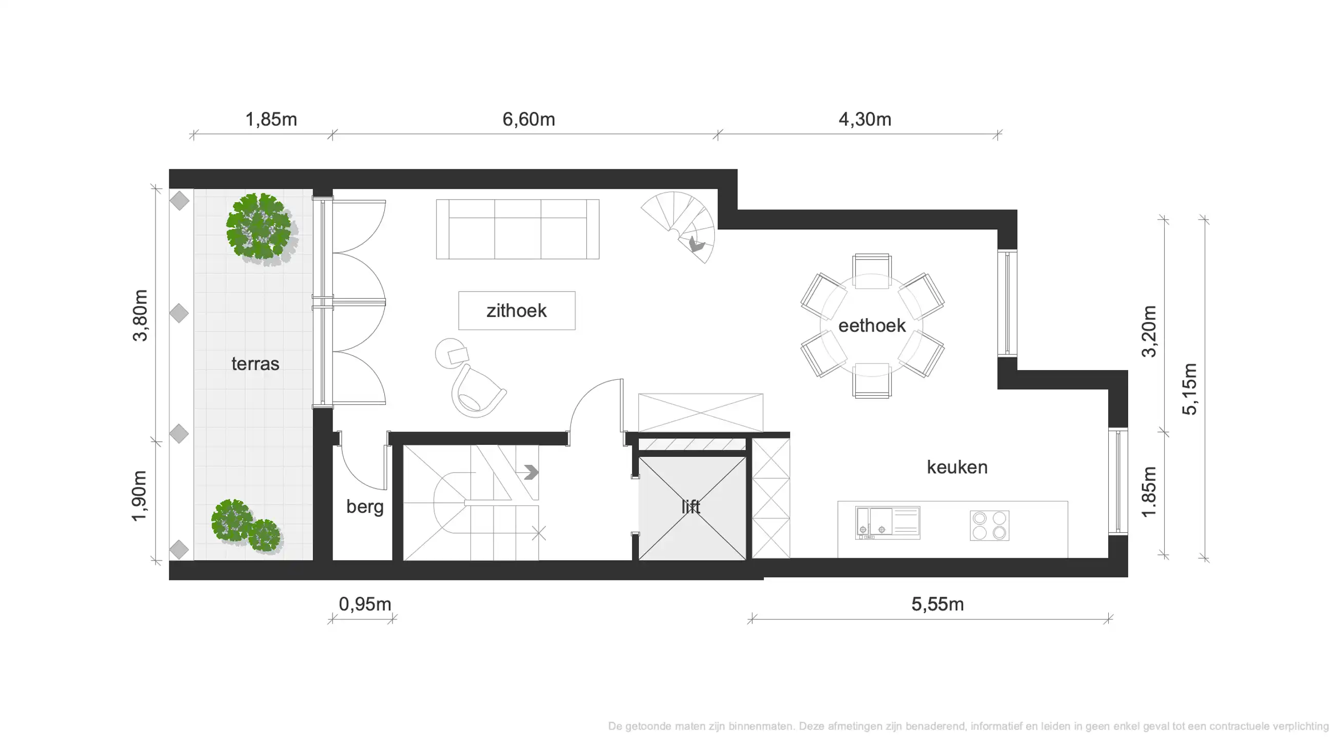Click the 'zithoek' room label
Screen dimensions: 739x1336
(516, 310)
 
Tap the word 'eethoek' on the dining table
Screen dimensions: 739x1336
(871, 326)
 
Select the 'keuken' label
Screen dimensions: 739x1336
(957, 467)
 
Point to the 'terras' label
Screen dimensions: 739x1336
(255, 364)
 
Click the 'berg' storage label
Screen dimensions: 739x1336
(365, 507)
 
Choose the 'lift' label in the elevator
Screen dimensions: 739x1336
(691, 507)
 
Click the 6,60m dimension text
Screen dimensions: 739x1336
(528, 119)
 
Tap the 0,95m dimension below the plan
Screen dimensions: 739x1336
(365, 604)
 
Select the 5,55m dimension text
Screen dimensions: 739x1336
(937, 604)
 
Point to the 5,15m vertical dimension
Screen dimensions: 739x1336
(1189, 389)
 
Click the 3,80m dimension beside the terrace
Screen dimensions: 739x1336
(140, 315)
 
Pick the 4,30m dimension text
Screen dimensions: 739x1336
(865, 119)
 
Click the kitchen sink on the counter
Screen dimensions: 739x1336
(888, 523)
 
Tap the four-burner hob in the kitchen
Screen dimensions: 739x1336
(989, 526)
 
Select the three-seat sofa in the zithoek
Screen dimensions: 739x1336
(517, 229)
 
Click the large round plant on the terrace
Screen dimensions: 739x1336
(259, 227)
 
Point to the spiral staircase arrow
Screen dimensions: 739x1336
(695, 244)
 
